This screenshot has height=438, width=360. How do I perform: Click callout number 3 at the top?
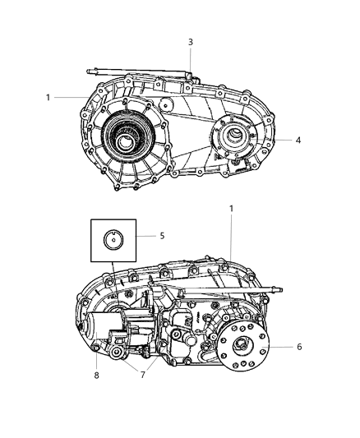191,42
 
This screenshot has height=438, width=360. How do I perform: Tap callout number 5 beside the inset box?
162,236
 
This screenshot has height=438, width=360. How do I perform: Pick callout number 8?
96,375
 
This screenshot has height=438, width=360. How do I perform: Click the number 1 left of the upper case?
48,98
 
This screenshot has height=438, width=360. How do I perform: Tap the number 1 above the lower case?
231,209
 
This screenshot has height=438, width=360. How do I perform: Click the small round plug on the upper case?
168,105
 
